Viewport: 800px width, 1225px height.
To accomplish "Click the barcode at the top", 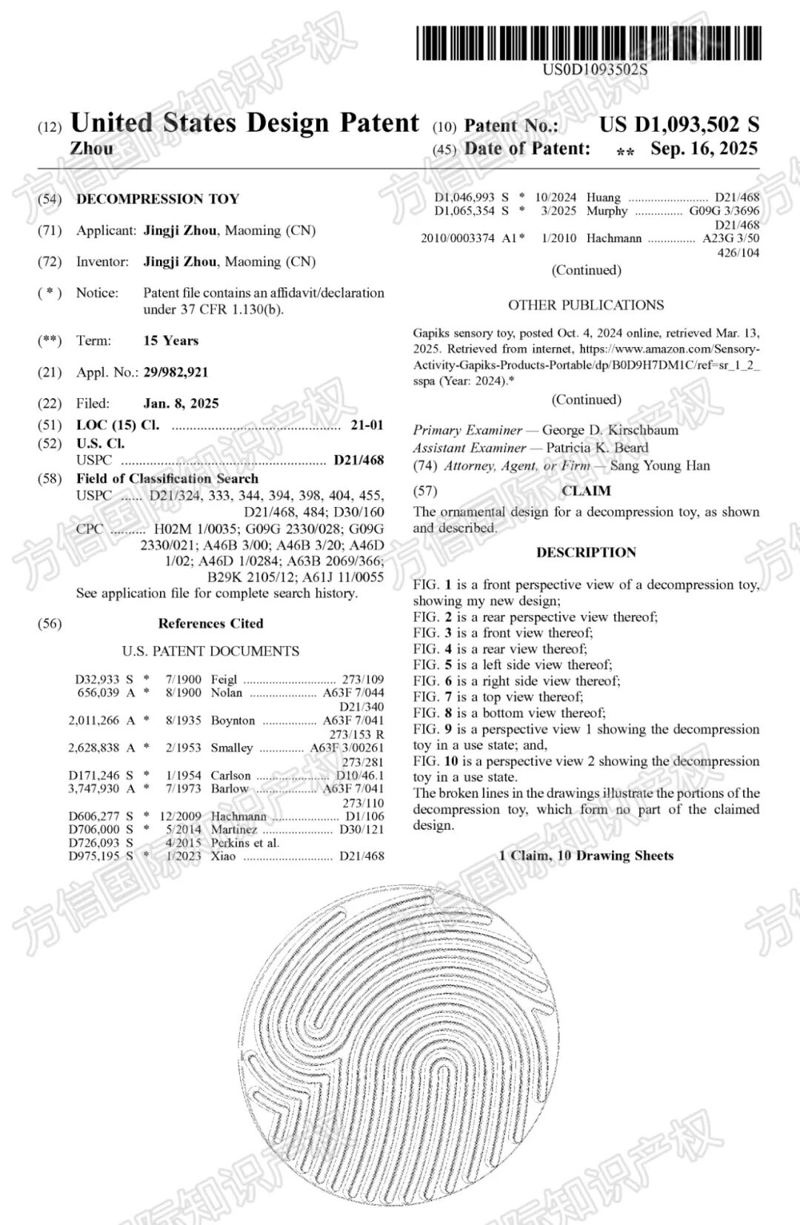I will pos(588,43).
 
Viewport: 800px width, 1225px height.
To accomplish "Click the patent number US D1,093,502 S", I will pos(679,124).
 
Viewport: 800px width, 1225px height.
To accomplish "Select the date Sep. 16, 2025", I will pos(704,149).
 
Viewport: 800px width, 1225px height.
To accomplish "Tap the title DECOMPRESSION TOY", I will pos(158,199).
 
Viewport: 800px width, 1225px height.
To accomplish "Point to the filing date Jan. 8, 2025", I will pos(181,403).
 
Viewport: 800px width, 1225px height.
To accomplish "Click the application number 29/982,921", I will pos(176,372).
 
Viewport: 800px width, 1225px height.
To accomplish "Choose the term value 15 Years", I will pos(170,340).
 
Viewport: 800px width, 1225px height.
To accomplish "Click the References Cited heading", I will pos(210,623).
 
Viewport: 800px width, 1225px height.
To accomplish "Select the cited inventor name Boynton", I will pos(233,720).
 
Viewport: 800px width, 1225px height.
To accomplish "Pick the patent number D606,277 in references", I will pos(94,816).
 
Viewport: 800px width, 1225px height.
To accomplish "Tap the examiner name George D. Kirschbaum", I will pos(610,430).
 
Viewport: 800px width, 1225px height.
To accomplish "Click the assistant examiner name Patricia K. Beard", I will pos(596,448).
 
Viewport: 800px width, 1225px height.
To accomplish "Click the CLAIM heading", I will pos(586,491).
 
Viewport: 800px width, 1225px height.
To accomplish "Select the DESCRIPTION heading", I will pos(586,552).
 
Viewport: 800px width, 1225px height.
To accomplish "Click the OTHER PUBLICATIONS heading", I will pos(585,305).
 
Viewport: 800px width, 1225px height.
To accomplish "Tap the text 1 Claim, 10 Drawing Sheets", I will pos(586,856).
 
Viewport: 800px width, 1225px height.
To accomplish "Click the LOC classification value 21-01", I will pos(367,425).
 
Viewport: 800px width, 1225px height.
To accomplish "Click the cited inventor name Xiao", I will pos(223,856).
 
